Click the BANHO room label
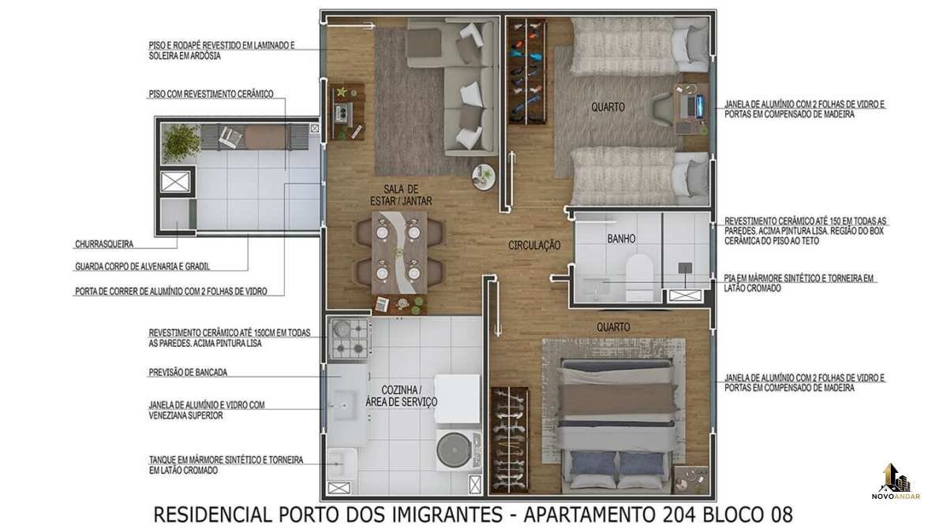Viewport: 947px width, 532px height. (621, 239)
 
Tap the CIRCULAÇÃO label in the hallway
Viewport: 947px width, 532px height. (534, 245)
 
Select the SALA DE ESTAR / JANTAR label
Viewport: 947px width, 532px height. (401, 195)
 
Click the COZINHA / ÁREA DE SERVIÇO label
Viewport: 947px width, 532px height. (401, 396)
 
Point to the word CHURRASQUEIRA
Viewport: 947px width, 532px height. (104, 244)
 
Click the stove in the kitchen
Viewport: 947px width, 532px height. (350, 339)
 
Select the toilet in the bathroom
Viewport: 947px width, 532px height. (639, 277)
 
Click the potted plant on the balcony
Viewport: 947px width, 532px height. (181, 142)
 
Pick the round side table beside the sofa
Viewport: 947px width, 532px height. (483, 177)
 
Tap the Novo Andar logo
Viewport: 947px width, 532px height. (896, 482)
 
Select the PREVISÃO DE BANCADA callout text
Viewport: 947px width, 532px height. (188, 372)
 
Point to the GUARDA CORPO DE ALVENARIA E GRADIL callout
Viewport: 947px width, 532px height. (143, 266)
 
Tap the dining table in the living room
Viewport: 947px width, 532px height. (399, 252)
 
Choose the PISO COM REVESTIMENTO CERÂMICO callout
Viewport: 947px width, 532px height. (211, 94)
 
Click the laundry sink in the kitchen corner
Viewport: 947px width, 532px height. (342, 463)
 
